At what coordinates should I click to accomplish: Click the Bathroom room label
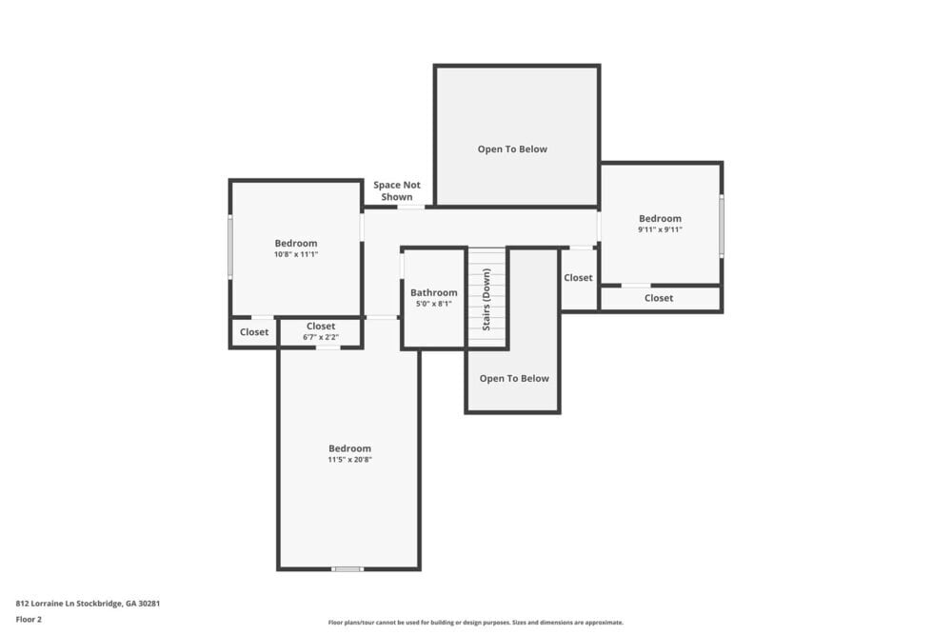point(434,293)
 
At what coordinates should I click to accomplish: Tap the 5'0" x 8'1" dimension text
point(434,305)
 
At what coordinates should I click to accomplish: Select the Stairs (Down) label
point(486,298)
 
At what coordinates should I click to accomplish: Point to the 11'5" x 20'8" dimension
point(349,460)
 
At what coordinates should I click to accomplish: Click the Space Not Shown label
point(397,191)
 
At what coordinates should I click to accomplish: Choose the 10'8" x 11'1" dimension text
point(296,254)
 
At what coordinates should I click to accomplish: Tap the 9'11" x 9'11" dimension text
point(660,229)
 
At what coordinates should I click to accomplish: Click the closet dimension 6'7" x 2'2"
point(321,337)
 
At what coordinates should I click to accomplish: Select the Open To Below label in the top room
point(512,149)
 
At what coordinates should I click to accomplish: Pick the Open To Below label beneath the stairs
point(514,379)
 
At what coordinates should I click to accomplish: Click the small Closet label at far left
point(254,332)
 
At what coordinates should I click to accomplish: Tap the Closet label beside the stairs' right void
point(578,278)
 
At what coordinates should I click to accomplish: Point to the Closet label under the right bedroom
point(659,298)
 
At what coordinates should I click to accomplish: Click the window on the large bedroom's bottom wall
point(347,569)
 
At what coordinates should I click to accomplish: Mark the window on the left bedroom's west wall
point(229,247)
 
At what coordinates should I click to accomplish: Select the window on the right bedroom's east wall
point(722,226)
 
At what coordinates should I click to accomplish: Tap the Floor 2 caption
point(29,619)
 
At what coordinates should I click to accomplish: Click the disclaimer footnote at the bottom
point(476,623)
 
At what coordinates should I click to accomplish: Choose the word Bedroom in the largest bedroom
point(349,448)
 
